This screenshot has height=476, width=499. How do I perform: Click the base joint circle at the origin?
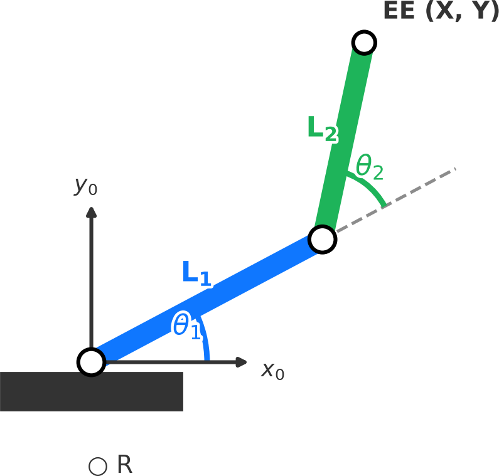91,362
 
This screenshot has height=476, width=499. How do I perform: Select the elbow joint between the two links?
322,239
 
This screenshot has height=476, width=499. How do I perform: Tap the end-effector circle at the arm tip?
364,43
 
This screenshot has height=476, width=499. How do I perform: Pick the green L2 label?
322,129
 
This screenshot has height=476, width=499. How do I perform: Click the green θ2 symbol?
369,167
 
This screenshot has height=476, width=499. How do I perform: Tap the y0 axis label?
86,185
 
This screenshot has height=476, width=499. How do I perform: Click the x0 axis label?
272,371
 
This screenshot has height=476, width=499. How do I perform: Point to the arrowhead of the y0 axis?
92,212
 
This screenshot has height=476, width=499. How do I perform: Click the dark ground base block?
91,392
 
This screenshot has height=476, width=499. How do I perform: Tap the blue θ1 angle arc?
205,339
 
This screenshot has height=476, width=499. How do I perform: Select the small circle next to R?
98,466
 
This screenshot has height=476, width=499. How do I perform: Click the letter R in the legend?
124,465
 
